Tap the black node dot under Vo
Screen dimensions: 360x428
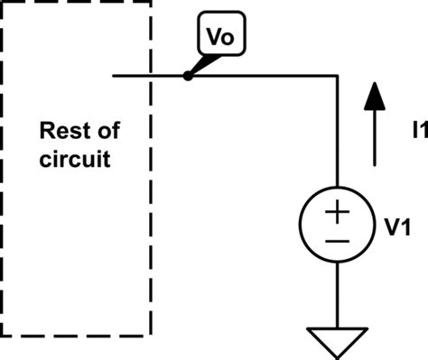(x=188, y=77)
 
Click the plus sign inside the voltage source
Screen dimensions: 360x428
(x=336, y=213)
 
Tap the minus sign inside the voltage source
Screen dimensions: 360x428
(x=336, y=241)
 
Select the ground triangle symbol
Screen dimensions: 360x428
(x=336, y=342)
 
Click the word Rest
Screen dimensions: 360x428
(x=67, y=131)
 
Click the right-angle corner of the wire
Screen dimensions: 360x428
(x=336, y=77)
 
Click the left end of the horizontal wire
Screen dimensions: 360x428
(x=115, y=77)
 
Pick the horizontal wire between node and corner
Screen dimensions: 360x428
(x=262, y=77)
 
